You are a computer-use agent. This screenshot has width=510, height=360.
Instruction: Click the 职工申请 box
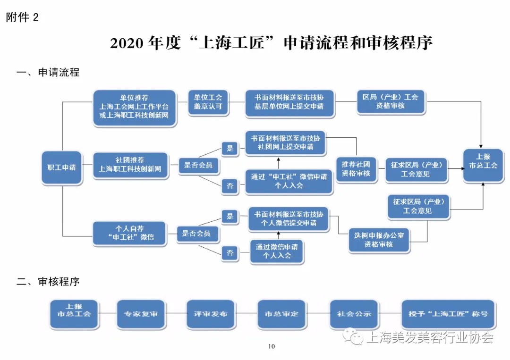(62, 167)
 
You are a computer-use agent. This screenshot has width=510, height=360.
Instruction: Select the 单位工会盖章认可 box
(208, 102)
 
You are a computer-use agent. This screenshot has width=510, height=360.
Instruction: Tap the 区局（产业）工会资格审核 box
(391, 102)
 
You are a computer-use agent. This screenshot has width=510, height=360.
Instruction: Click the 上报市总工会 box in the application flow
(483, 166)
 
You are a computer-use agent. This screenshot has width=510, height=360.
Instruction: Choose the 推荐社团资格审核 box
(356, 169)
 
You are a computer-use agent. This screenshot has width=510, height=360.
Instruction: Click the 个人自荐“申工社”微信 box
(130, 233)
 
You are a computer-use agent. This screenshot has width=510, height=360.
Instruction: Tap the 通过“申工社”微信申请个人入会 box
(289, 181)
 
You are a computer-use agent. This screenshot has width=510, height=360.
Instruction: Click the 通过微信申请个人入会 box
(277, 251)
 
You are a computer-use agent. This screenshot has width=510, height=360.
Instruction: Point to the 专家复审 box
(141, 314)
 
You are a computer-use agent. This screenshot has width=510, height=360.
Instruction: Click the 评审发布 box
(211, 314)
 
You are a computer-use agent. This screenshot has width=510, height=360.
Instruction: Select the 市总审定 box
(281, 314)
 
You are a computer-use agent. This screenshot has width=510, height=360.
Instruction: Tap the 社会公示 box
(354, 314)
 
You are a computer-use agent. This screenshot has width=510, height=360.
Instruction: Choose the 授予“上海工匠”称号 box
(449, 314)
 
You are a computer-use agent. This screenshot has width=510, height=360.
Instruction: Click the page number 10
(272, 346)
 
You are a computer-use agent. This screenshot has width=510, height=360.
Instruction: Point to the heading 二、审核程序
(48, 281)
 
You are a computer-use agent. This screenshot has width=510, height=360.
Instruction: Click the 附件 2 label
(22, 17)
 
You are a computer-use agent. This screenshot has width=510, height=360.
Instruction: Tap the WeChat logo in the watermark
(353, 337)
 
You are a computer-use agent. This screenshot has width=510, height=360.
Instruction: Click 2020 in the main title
(127, 43)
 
